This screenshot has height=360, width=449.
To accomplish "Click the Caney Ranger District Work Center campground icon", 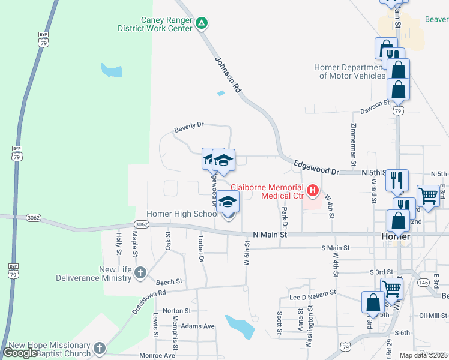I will pos(202,24).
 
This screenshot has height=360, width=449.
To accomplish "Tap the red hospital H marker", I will pos(312,191).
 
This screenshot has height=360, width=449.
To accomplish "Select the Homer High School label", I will pos(183,214).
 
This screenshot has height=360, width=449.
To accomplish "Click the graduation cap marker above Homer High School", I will pos(228,203).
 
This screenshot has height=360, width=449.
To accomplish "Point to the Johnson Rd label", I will pos(228,74).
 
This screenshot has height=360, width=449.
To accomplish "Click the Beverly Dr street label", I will pos(189,127).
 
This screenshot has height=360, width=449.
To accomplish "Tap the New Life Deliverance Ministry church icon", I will pos(140,274).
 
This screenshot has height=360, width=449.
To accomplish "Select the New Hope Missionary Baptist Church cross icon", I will pos(100,347).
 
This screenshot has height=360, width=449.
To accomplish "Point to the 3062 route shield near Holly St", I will pos(142,224).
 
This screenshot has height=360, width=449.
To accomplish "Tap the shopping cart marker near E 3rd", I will pos(428,196).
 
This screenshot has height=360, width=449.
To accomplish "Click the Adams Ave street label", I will pos(197,326).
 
